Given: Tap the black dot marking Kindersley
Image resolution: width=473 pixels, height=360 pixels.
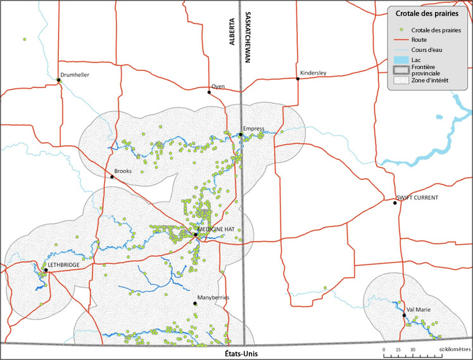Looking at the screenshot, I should pos(298,79).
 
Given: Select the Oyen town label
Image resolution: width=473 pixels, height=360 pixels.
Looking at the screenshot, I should pos(218,86).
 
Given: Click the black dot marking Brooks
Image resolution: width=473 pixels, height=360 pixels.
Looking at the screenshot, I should pos(112,177).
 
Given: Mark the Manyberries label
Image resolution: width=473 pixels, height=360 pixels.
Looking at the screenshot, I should pos(213,297).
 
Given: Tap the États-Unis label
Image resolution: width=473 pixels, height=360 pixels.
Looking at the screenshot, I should pos(243,354).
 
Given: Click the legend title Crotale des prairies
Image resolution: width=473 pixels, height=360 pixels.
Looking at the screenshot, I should pos(422,13).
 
